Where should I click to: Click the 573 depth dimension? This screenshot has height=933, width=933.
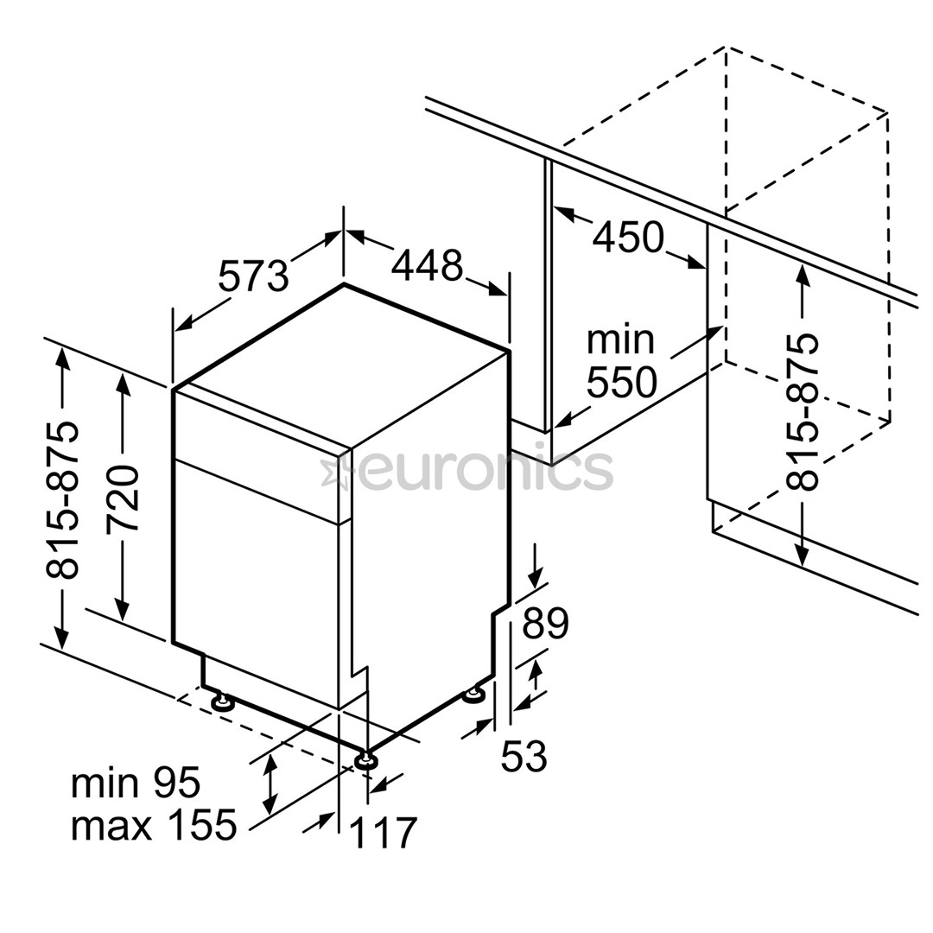click(253, 276)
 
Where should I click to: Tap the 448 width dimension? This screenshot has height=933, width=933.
click(427, 265)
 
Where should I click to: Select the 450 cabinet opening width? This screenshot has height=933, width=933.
click(628, 236)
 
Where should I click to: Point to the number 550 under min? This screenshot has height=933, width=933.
click(622, 382)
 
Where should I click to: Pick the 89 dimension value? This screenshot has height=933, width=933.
click(545, 622)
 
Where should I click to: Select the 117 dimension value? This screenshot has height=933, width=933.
click(383, 833)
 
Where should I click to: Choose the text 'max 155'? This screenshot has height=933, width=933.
click(154, 825)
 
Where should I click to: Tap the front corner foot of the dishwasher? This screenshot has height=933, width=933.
click(365, 762)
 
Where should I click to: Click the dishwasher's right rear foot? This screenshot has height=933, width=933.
click(475, 695)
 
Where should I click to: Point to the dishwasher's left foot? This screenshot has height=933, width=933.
click(223, 702)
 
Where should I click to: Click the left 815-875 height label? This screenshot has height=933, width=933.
click(62, 500)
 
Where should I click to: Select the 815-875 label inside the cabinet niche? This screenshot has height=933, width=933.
click(802, 412)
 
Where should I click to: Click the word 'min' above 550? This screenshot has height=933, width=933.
click(620, 340)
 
